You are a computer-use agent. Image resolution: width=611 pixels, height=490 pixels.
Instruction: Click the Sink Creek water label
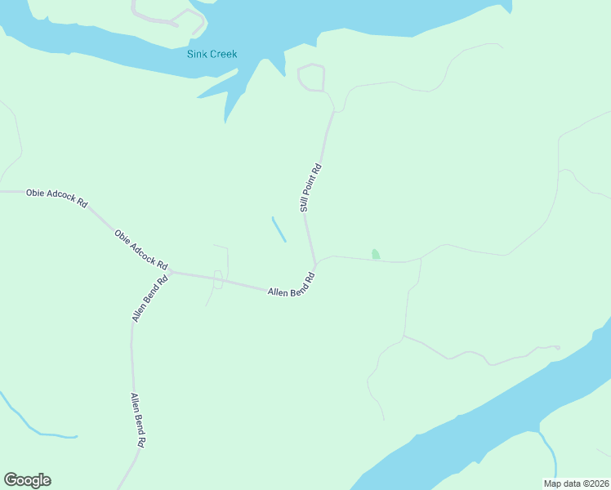click(211, 55)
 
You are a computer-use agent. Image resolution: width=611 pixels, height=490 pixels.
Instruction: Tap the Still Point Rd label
click(310, 189)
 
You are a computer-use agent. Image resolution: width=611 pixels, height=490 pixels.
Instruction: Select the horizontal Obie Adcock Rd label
click(56, 197)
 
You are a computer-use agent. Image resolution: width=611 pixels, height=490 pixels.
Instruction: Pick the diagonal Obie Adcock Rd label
click(140, 249)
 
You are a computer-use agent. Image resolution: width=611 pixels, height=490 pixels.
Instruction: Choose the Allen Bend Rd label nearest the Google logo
click(137, 420)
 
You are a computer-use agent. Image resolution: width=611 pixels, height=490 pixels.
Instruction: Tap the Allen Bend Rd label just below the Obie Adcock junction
click(149, 297)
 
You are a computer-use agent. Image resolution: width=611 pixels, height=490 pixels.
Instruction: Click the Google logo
click(27, 480)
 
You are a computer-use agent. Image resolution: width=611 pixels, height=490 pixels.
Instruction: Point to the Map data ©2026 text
click(577, 483)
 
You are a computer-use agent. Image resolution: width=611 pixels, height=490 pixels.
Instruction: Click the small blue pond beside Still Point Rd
click(279, 229)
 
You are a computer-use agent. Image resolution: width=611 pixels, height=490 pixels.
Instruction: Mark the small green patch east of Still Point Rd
click(375, 254)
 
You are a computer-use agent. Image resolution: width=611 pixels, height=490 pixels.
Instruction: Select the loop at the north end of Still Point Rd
click(311, 78)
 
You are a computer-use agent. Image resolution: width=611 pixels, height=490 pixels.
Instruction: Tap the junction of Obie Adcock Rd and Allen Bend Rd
click(170, 272)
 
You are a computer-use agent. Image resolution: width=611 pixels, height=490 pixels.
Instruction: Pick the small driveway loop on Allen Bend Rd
click(217, 279)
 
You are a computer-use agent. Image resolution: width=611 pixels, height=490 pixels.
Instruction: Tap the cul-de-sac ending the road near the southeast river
click(557, 348)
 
